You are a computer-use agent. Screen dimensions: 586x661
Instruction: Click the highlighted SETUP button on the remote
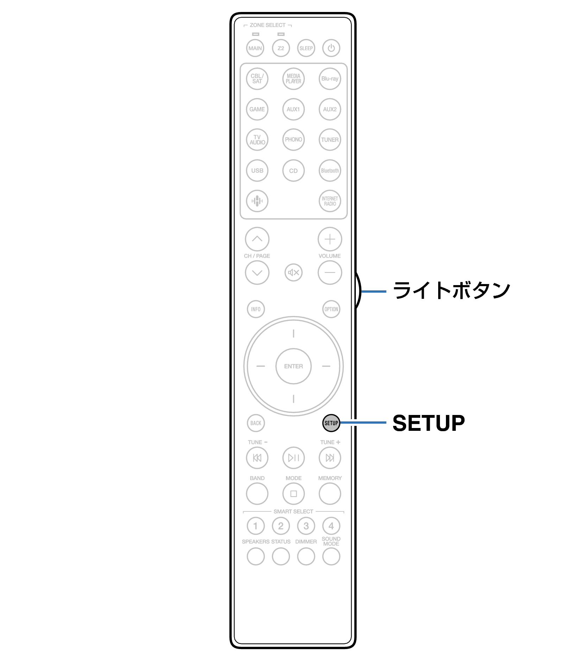[x=331, y=423]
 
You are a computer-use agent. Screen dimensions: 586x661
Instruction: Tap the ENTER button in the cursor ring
[x=294, y=366]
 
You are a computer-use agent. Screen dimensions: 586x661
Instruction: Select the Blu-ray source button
[x=330, y=79]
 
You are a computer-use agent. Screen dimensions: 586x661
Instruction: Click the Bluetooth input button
[x=330, y=171]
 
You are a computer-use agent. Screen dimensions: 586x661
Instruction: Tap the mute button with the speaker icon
[x=294, y=272]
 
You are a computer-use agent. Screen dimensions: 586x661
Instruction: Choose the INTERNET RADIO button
[x=330, y=201]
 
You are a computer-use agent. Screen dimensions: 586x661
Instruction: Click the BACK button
[x=256, y=423]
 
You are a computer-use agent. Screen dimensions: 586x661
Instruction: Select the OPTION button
[x=331, y=309]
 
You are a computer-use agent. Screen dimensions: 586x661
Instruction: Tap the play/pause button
[x=294, y=458]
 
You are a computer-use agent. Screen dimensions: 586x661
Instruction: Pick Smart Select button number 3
[x=306, y=526]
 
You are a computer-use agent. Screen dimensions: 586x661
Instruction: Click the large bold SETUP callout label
[x=428, y=423]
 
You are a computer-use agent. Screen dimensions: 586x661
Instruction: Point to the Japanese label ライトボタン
[x=452, y=291]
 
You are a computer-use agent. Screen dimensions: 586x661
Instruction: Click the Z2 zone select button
[x=281, y=48]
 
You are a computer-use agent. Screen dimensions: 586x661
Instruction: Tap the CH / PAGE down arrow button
[x=257, y=272]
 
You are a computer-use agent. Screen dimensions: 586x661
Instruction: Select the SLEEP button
[x=306, y=48]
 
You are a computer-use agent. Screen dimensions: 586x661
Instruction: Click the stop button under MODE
[x=294, y=494]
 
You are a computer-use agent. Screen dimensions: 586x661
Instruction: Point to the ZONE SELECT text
[x=267, y=25]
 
